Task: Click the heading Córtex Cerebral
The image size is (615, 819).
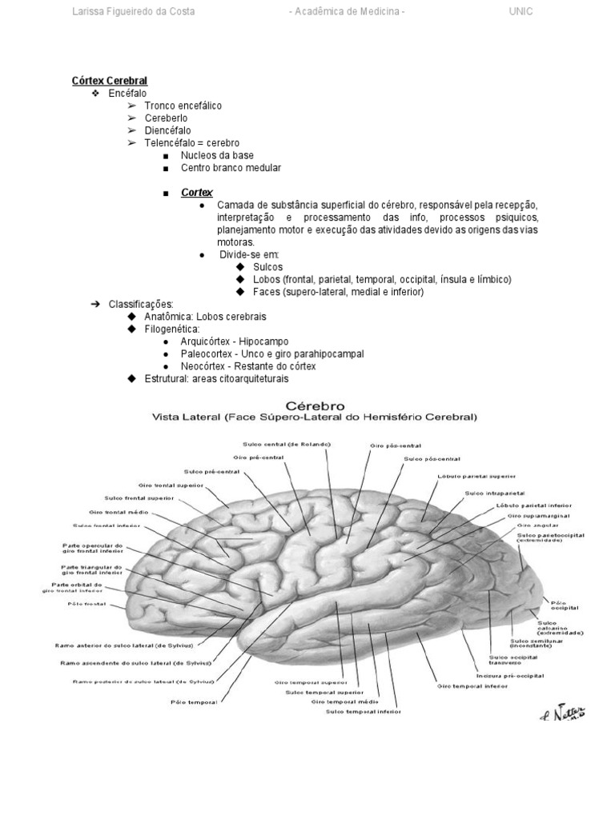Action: [110, 81]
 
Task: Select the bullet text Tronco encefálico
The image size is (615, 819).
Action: [183, 106]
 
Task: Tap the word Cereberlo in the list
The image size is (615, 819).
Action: [166, 118]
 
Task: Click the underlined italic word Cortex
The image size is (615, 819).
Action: [197, 193]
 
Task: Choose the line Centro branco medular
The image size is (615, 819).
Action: [231, 168]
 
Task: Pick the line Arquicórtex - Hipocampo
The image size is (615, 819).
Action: [235, 342]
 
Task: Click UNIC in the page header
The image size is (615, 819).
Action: [521, 12]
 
